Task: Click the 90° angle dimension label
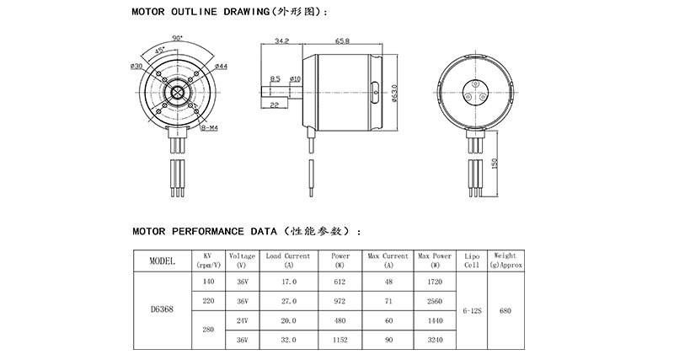point(178,39)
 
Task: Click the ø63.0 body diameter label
point(396,93)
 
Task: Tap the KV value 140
point(209,281)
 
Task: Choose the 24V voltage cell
point(242,320)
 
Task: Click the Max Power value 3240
point(435,340)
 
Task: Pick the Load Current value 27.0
point(289,300)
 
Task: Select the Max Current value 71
point(388,300)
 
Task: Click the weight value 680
point(505,310)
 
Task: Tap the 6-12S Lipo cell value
point(472,310)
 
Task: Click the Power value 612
point(340,281)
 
